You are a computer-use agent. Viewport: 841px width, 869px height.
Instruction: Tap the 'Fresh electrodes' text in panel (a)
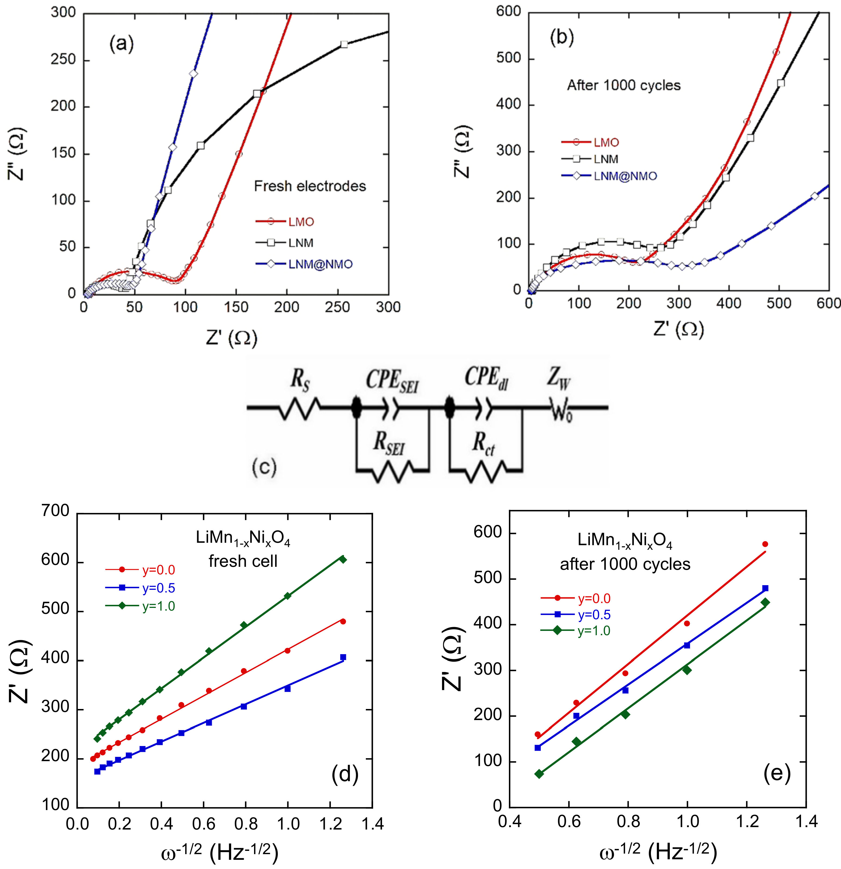click(x=310, y=186)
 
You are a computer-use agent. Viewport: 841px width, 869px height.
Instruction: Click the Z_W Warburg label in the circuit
click(x=558, y=380)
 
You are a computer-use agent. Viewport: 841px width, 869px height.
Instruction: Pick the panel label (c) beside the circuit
click(x=264, y=467)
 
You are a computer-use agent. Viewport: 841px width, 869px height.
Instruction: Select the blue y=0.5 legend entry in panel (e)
click(x=594, y=615)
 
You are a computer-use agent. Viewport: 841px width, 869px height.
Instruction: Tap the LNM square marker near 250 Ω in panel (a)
click(x=344, y=44)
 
